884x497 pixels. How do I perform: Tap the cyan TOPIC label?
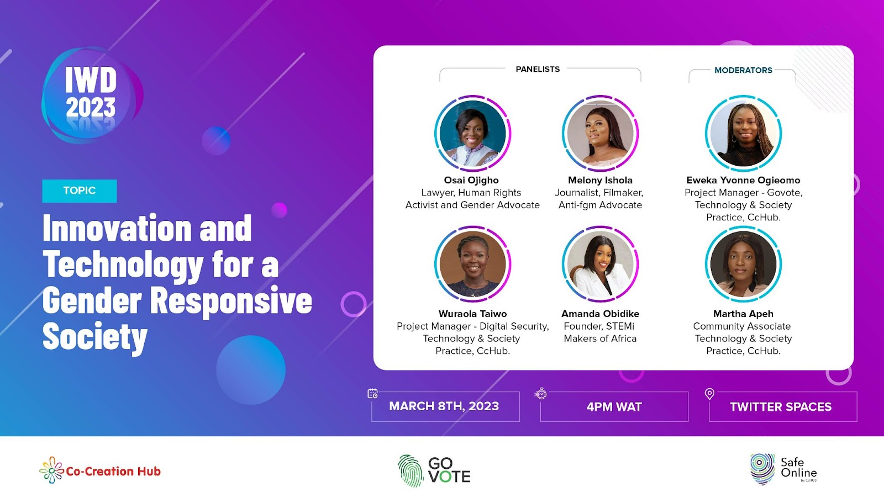point(80,191)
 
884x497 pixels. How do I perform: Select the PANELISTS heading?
point(538,70)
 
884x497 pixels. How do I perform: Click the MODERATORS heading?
point(743,70)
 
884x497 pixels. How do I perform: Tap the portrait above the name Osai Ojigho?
point(473,133)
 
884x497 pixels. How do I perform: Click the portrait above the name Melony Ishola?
point(600,133)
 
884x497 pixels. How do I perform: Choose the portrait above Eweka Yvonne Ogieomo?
point(743,133)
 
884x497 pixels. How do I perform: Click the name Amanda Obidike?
point(600,314)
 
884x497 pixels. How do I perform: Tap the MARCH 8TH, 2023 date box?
point(445,406)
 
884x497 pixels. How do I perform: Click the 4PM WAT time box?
point(614,406)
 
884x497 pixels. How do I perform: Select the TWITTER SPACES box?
point(783,406)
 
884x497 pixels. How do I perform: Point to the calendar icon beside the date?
point(372,394)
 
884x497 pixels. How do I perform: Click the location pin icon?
point(709,394)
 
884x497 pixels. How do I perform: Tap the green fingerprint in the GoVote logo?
point(411,471)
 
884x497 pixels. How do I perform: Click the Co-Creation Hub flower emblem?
point(51,470)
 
